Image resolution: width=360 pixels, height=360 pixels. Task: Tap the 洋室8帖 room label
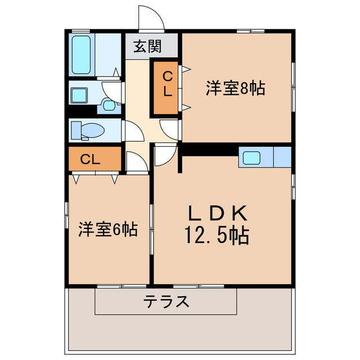pyautogui.click(x=235, y=88)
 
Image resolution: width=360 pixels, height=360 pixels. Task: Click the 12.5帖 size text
pyautogui.click(x=217, y=235)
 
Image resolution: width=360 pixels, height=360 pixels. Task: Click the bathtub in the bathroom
pyautogui.click(x=84, y=55)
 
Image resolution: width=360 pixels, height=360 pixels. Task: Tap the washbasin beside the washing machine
pyautogui.click(x=109, y=104)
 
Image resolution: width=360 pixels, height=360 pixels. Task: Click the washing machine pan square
pyautogui.click(x=79, y=94)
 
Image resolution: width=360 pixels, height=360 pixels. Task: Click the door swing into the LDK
pyautogui.click(x=164, y=154)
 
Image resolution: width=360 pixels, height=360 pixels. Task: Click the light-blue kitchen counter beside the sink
pyautogui.click(x=281, y=157)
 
